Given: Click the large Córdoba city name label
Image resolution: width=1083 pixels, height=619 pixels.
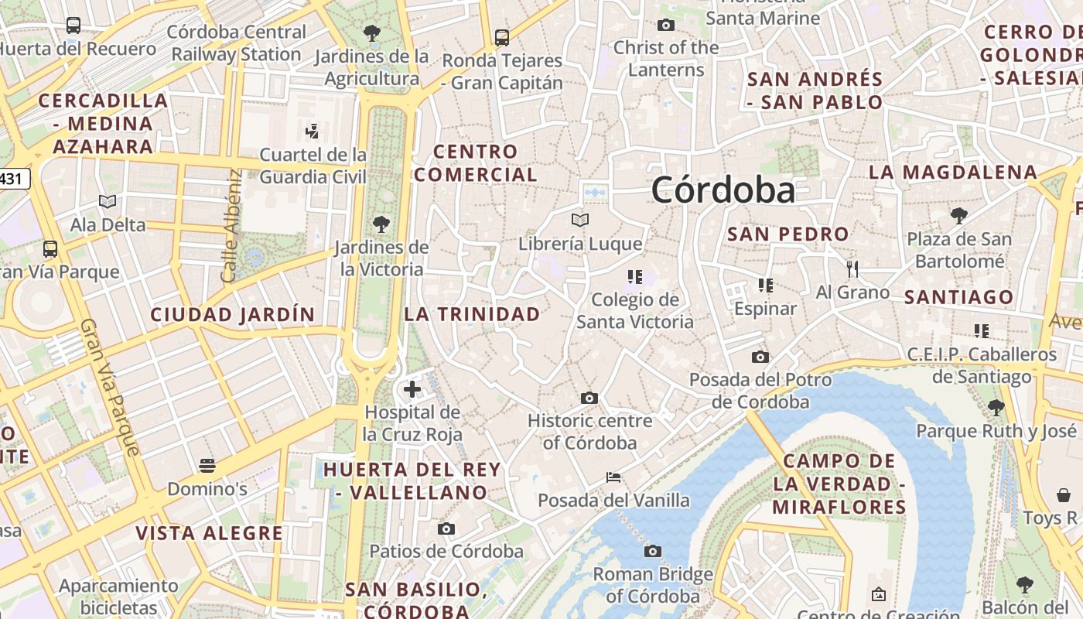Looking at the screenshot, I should tap(723, 190).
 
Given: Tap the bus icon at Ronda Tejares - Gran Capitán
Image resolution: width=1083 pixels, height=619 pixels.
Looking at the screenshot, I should tap(501, 37).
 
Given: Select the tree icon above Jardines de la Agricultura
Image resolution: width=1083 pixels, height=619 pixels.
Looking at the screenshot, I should tap(372, 33).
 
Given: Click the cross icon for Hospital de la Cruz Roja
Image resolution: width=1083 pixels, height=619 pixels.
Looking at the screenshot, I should tap(412, 388).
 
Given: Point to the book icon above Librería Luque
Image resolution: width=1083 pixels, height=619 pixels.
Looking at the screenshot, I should tap(580, 221).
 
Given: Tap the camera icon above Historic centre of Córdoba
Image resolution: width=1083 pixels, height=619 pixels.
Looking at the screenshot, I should tap(589, 398).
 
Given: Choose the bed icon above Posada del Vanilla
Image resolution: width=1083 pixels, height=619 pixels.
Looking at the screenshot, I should tap(613, 477).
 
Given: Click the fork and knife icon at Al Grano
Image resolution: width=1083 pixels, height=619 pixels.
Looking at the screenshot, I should tap(852, 269).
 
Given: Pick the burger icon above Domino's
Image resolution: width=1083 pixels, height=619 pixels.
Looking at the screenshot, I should tap(207, 466).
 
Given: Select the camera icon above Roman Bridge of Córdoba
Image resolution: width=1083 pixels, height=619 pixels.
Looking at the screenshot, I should tap(653, 551).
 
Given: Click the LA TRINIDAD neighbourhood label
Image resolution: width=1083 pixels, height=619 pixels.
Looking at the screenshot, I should tap(472, 314).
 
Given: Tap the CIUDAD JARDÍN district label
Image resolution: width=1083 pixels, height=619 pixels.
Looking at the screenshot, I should tap(232, 315).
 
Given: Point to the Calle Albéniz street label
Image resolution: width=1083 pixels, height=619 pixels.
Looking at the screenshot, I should tap(231, 226).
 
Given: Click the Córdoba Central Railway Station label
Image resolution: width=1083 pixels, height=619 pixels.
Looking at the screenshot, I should tap(237, 43).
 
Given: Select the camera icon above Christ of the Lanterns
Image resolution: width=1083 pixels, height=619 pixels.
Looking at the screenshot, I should tap(666, 26).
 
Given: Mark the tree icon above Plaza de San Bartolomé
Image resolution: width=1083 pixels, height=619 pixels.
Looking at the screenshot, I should tap(959, 215).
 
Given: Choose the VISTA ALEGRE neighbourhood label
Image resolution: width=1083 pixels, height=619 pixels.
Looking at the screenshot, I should tap(209, 533).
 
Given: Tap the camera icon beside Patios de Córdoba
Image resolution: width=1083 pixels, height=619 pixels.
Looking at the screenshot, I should tap(446, 528).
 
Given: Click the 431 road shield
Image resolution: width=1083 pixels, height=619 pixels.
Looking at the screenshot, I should tap(12, 179).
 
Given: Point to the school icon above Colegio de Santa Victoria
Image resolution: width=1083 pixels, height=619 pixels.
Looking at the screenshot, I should tap(635, 276).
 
